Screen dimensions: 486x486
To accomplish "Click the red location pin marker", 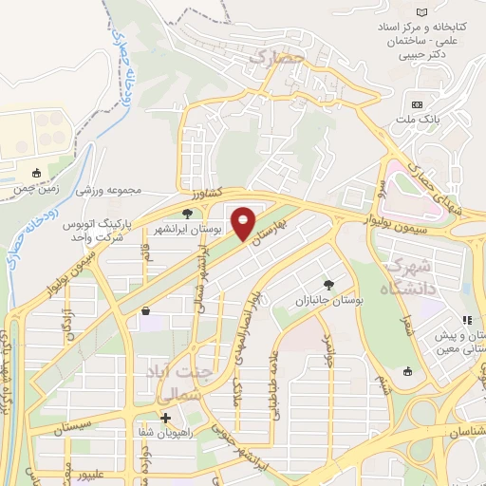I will [x=245, y=223].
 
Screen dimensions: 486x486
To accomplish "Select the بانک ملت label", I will [x=417, y=121].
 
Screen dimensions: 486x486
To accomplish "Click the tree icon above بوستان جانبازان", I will [x=328, y=284].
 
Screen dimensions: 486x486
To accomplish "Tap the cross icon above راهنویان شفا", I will [x=166, y=418].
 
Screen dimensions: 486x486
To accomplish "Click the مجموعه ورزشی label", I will [x=110, y=191].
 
